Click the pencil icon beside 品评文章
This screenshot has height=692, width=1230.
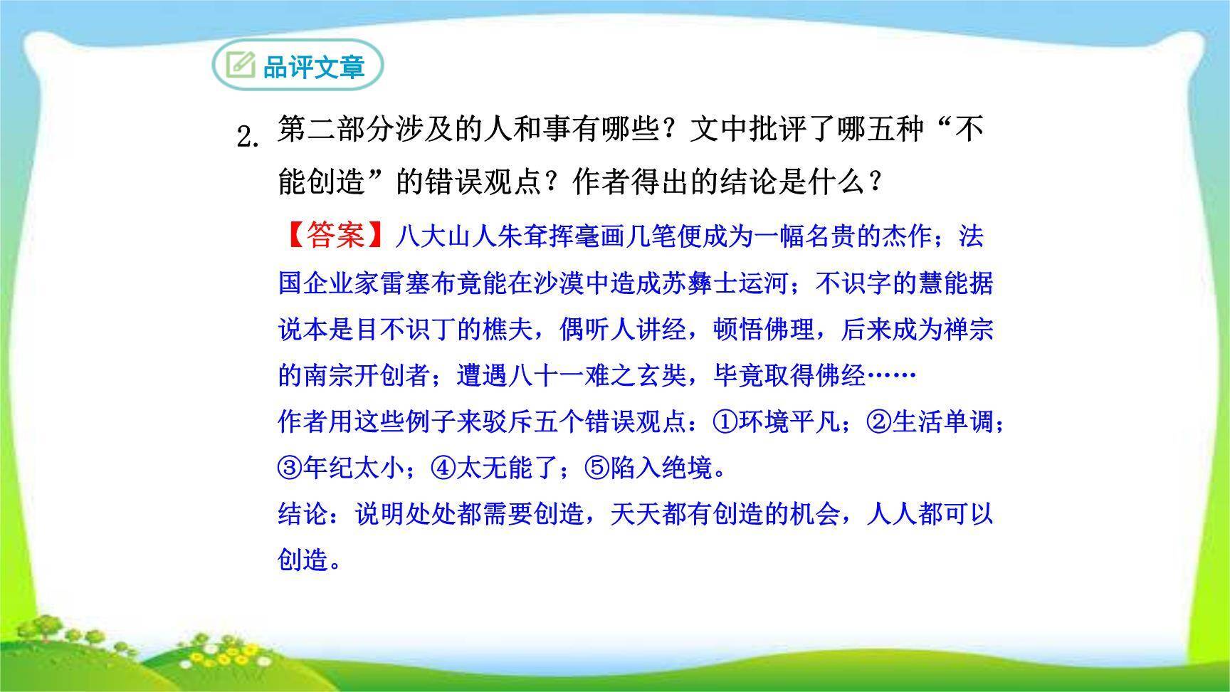[240, 65]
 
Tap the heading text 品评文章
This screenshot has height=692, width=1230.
[313, 67]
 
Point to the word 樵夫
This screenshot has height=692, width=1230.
[509, 330]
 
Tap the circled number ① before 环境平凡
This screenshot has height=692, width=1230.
[725, 422]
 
